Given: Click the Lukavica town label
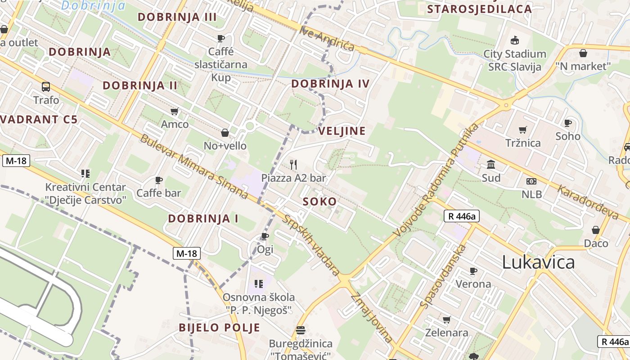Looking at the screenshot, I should point(538,262).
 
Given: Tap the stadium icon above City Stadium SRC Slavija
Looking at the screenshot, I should point(515,40).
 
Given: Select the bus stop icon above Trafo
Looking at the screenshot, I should point(46,87).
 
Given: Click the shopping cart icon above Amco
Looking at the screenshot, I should point(175,111).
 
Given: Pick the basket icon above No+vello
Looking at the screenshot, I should point(225,133).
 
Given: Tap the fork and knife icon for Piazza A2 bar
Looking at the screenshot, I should point(293,164).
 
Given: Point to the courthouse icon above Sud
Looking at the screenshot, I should point(491,165).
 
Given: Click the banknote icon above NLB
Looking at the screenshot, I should point(531,181).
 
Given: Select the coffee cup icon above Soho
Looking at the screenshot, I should point(568,123).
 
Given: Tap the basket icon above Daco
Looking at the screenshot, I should point(596,230).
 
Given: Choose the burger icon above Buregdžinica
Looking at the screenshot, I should point(301,330).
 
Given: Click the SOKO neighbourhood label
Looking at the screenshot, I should point(320,202).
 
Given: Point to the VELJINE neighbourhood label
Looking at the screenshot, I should point(342,131).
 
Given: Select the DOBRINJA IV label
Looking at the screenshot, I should point(330,84).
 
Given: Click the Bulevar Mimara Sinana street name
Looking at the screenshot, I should point(194,166).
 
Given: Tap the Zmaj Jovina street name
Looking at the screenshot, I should point(371,317).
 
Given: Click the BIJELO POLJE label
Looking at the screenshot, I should point(220,327).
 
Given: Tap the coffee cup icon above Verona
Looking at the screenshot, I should point(473,271).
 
